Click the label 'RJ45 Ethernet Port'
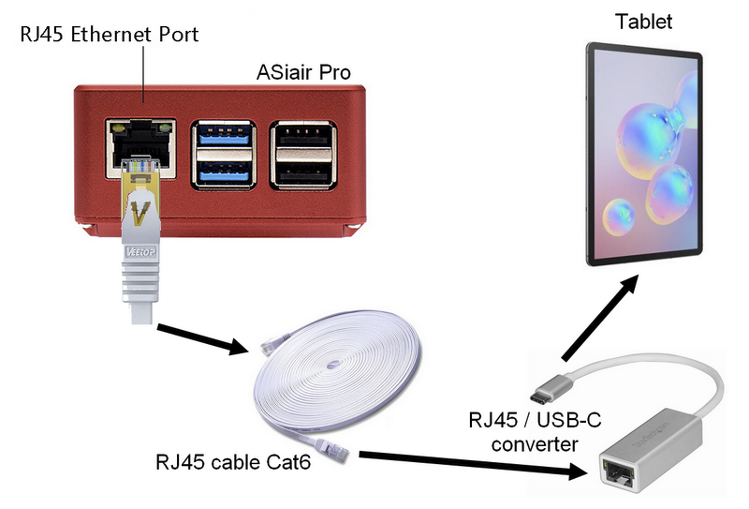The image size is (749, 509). (109, 35)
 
